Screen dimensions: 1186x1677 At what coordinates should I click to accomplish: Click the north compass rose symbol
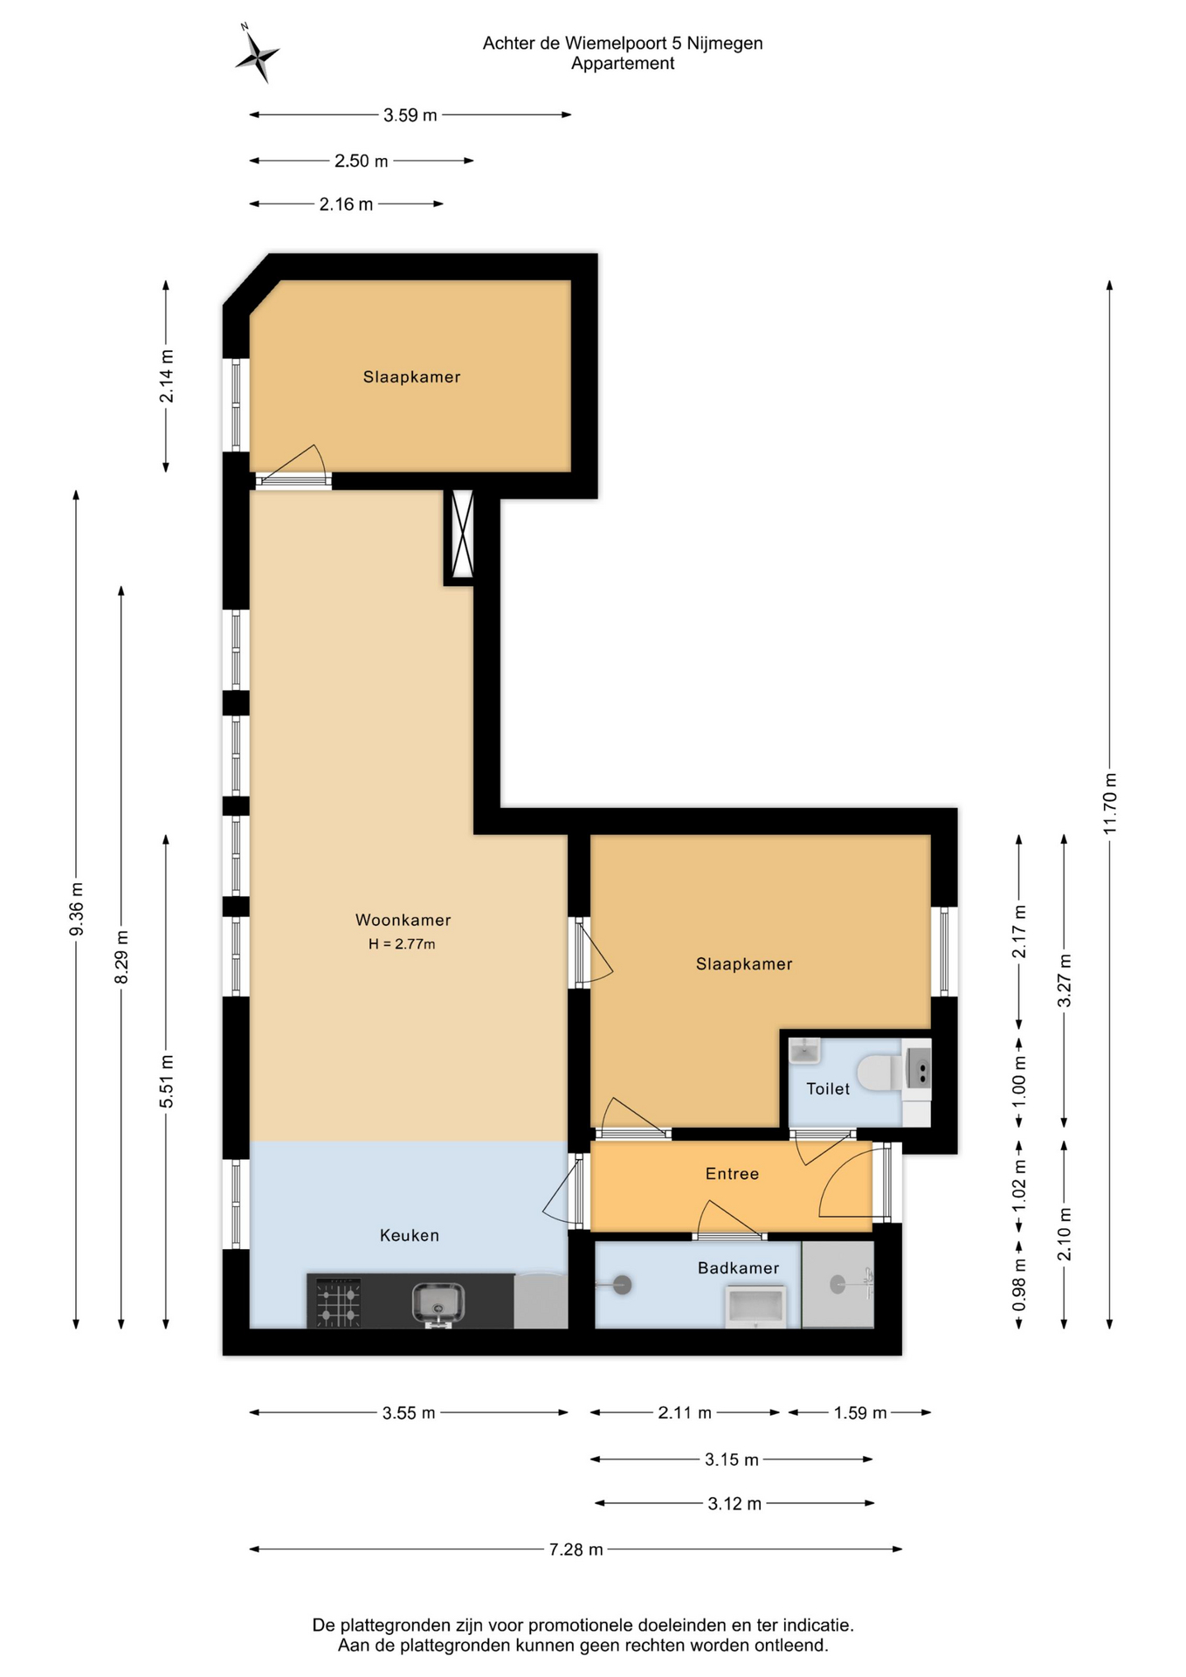(x=256, y=55)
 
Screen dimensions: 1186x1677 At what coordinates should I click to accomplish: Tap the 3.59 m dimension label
(x=410, y=115)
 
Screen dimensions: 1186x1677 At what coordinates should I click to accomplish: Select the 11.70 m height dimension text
(x=1110, y=804)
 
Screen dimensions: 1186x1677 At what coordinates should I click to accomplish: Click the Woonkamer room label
(x=403, y=920)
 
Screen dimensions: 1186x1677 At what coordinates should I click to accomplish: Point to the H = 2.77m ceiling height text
(x=402, y=944)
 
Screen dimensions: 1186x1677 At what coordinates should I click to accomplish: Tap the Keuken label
(x=409, y=1235)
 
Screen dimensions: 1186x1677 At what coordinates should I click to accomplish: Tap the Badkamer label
(x=738, y=1267)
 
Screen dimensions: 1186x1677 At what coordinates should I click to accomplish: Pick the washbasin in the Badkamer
(x=755, y=1307)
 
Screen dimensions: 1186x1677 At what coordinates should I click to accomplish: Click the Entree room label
(x=732, y=1174)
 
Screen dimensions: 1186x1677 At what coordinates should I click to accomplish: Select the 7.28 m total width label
(x=576, y=1549)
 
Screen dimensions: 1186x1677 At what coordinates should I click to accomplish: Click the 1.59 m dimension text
(x=860, y=1413)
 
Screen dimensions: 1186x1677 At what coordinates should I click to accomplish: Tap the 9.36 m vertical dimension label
(x=77, y=908)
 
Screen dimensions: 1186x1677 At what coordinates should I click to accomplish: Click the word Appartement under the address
(x=623, y=64)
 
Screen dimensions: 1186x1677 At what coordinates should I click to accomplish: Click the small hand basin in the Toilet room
(x=804, y=1051)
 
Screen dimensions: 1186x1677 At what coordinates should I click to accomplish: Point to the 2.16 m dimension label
(x=346, y=204)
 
